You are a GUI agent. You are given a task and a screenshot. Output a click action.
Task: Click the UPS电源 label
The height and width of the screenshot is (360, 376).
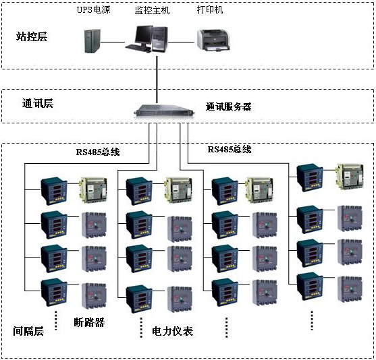(x=94, y=10)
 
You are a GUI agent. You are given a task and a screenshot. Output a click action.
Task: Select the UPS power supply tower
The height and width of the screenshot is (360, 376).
(x=92, y=41)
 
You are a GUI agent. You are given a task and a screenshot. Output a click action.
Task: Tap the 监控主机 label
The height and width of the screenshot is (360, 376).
(x=152, y=10)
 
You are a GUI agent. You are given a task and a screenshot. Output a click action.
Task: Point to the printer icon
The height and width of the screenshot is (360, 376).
(x=213, y=40)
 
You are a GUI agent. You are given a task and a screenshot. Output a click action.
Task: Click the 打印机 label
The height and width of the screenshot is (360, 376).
(x=210, y=9)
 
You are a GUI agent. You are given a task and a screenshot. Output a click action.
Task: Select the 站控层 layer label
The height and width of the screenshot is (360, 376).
(x=32, y=36)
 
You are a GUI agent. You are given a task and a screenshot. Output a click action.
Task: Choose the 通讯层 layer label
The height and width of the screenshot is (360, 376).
(x=38, y=103)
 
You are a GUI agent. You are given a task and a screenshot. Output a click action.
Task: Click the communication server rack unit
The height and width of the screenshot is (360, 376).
(x=164, y=111)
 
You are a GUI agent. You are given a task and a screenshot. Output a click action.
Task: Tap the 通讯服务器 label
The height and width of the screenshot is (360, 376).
(x=229, y=107)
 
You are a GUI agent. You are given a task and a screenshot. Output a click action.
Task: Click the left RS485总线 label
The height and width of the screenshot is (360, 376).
(x=98, y=152)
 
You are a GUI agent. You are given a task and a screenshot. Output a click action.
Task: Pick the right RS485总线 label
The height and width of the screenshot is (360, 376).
(x=230, y=149)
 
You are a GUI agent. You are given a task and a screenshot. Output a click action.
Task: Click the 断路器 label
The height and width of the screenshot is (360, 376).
(x=89, y=322)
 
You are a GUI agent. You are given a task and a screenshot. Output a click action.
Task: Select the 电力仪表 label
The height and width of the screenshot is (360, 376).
(x=172, y=331)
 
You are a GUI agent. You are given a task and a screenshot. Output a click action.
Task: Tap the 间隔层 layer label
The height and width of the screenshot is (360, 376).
(x=28, y=331)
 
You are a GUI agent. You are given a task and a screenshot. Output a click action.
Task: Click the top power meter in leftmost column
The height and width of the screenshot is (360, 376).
(x=54, y=191)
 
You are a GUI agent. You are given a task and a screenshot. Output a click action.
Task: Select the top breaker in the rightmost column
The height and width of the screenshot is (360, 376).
(x=350, y=177)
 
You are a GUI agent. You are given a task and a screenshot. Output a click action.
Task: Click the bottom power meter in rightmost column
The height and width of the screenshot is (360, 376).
(x=310, y=287)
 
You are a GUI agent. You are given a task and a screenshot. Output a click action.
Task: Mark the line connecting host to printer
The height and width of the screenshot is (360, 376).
(x=181, y=42)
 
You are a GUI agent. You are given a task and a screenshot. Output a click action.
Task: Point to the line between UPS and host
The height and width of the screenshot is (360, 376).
(x=113, y=42)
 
